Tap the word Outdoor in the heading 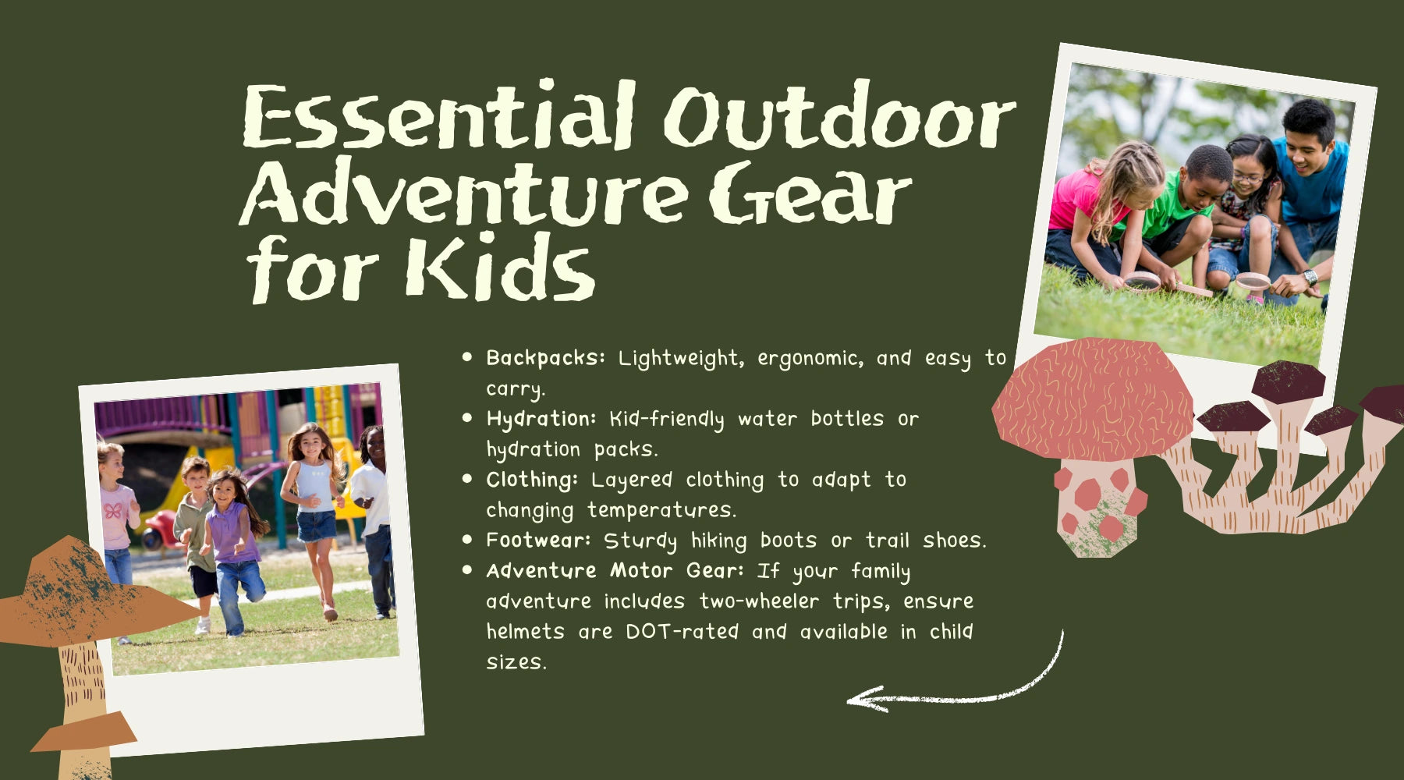[839, 115]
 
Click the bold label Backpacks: [545, 359]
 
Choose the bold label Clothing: [532, 480]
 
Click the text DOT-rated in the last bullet [682, 631]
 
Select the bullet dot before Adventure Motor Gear [468, 570]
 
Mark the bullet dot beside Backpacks [468, 357]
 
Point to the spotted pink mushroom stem [1100, 507]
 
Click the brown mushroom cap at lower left [86, 593]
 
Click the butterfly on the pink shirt [113, 511]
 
